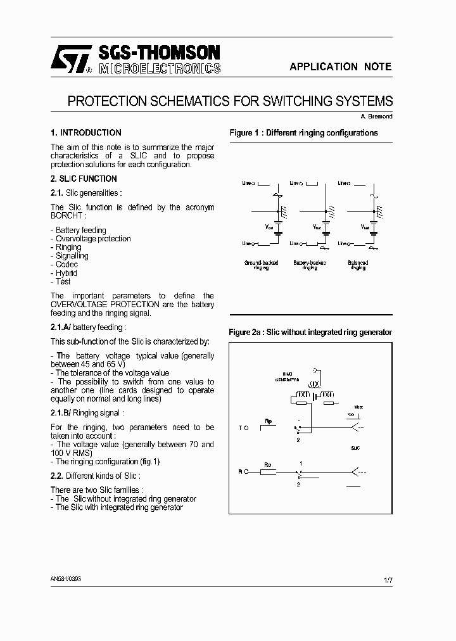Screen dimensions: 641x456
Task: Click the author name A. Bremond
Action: [x=376, y=116]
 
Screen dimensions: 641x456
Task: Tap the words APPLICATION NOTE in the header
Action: [x=340, y=67]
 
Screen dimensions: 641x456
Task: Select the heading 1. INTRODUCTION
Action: [x=86, y=133]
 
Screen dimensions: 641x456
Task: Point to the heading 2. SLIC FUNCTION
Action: [x=84, y=179]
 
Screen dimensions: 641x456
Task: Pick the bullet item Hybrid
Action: [x=66, y=274]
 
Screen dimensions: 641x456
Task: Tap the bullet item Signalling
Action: [x=72, y=256]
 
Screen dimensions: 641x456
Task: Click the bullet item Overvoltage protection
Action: [x=92, y=239]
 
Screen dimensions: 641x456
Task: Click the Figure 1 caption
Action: [x=303, y=133]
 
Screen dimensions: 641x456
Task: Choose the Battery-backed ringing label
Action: [x=309, y=265]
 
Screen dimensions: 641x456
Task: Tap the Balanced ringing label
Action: [x=358, y=265]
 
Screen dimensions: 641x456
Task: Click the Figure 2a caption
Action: [x=310, y=333]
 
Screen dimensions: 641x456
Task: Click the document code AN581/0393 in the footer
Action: [x=66, y=579]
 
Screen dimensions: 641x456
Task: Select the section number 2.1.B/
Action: [x=61, y=413]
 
